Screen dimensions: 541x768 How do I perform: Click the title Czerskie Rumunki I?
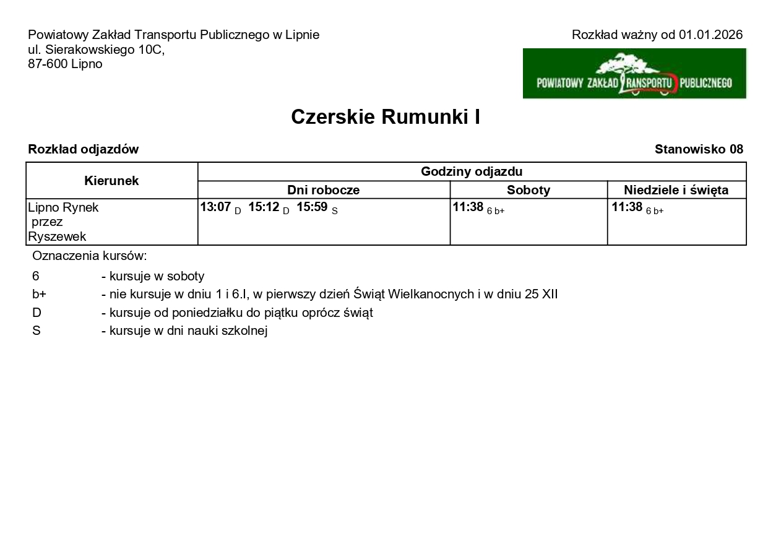pos(385,117)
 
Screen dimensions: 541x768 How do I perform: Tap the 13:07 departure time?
pos(215,207)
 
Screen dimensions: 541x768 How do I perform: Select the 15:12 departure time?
pos(264,207)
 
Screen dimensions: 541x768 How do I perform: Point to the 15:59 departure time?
pos(312,207)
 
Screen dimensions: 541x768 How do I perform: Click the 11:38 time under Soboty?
pos(468,207)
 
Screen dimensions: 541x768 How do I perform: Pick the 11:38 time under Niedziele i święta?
pos(627,207)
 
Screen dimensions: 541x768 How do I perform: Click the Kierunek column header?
pos(111,181)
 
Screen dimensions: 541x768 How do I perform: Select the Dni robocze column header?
pos(323,190)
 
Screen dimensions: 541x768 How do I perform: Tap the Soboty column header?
pos(529,190)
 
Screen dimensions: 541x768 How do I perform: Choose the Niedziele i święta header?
pos(676,190)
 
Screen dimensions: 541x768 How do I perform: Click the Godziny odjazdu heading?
pos(472,171)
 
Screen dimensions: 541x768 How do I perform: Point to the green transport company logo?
pos(634,74)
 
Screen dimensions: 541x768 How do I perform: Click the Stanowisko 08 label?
pos(699,149)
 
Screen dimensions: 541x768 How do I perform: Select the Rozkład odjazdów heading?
pos(84,149)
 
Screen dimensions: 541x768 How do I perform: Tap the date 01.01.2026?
pos(710,35)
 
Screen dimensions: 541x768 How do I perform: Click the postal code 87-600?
pos(48,64)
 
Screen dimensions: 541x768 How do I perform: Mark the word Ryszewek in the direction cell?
pos(57,236)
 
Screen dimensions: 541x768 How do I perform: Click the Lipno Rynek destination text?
pos(63,207)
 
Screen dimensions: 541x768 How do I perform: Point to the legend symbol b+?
pos(39,295)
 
